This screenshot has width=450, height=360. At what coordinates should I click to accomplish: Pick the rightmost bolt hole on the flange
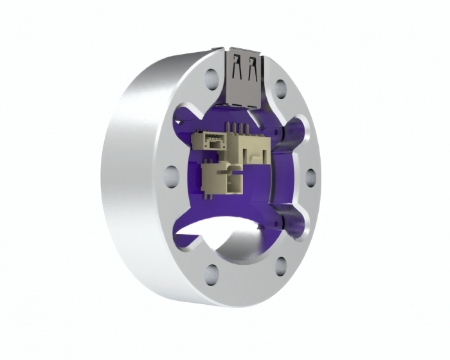click(310, 176)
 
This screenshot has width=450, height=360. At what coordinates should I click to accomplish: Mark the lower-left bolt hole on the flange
click(210, 273)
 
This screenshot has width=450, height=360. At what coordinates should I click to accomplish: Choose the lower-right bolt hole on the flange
click(281, 265)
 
